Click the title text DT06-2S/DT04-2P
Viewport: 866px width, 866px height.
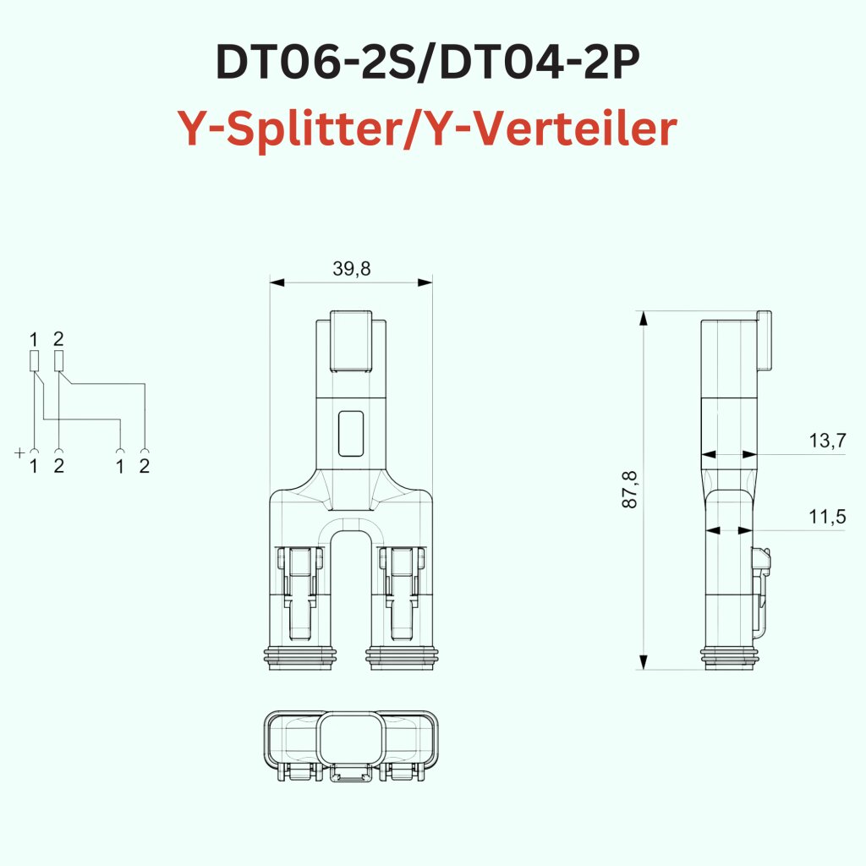[x=432, y=64]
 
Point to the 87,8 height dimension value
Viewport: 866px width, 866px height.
[x=630, y=491]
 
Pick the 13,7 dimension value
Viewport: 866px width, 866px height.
[x=826, y=441]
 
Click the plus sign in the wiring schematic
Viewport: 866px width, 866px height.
[x=20, y=452]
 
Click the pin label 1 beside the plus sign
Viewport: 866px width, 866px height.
[x=34, y=466]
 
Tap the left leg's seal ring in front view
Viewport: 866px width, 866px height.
[x=302, y=658]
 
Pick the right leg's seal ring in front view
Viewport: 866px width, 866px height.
[x=403, y=658]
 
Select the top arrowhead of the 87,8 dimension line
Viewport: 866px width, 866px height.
[x=644, y=318]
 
